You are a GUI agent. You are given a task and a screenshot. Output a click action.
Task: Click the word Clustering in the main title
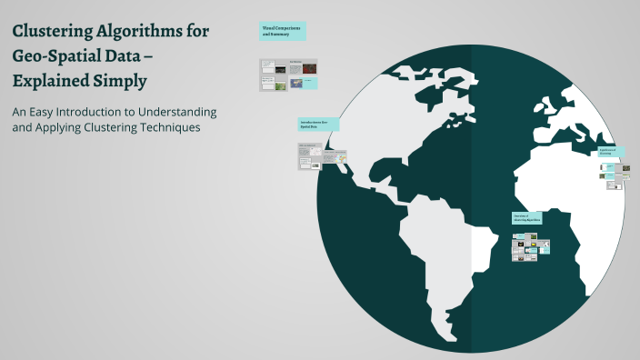click(53, 32)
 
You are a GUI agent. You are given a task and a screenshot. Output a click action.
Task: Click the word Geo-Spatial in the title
click(55, 55)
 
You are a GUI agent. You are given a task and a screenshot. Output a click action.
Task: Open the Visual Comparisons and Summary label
click(283, 32)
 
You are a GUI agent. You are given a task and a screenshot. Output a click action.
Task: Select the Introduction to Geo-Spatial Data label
click(318, 125)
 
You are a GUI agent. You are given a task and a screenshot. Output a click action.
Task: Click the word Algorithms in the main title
click(136, 32)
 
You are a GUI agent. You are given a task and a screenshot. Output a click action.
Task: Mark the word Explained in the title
click(50, 80)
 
